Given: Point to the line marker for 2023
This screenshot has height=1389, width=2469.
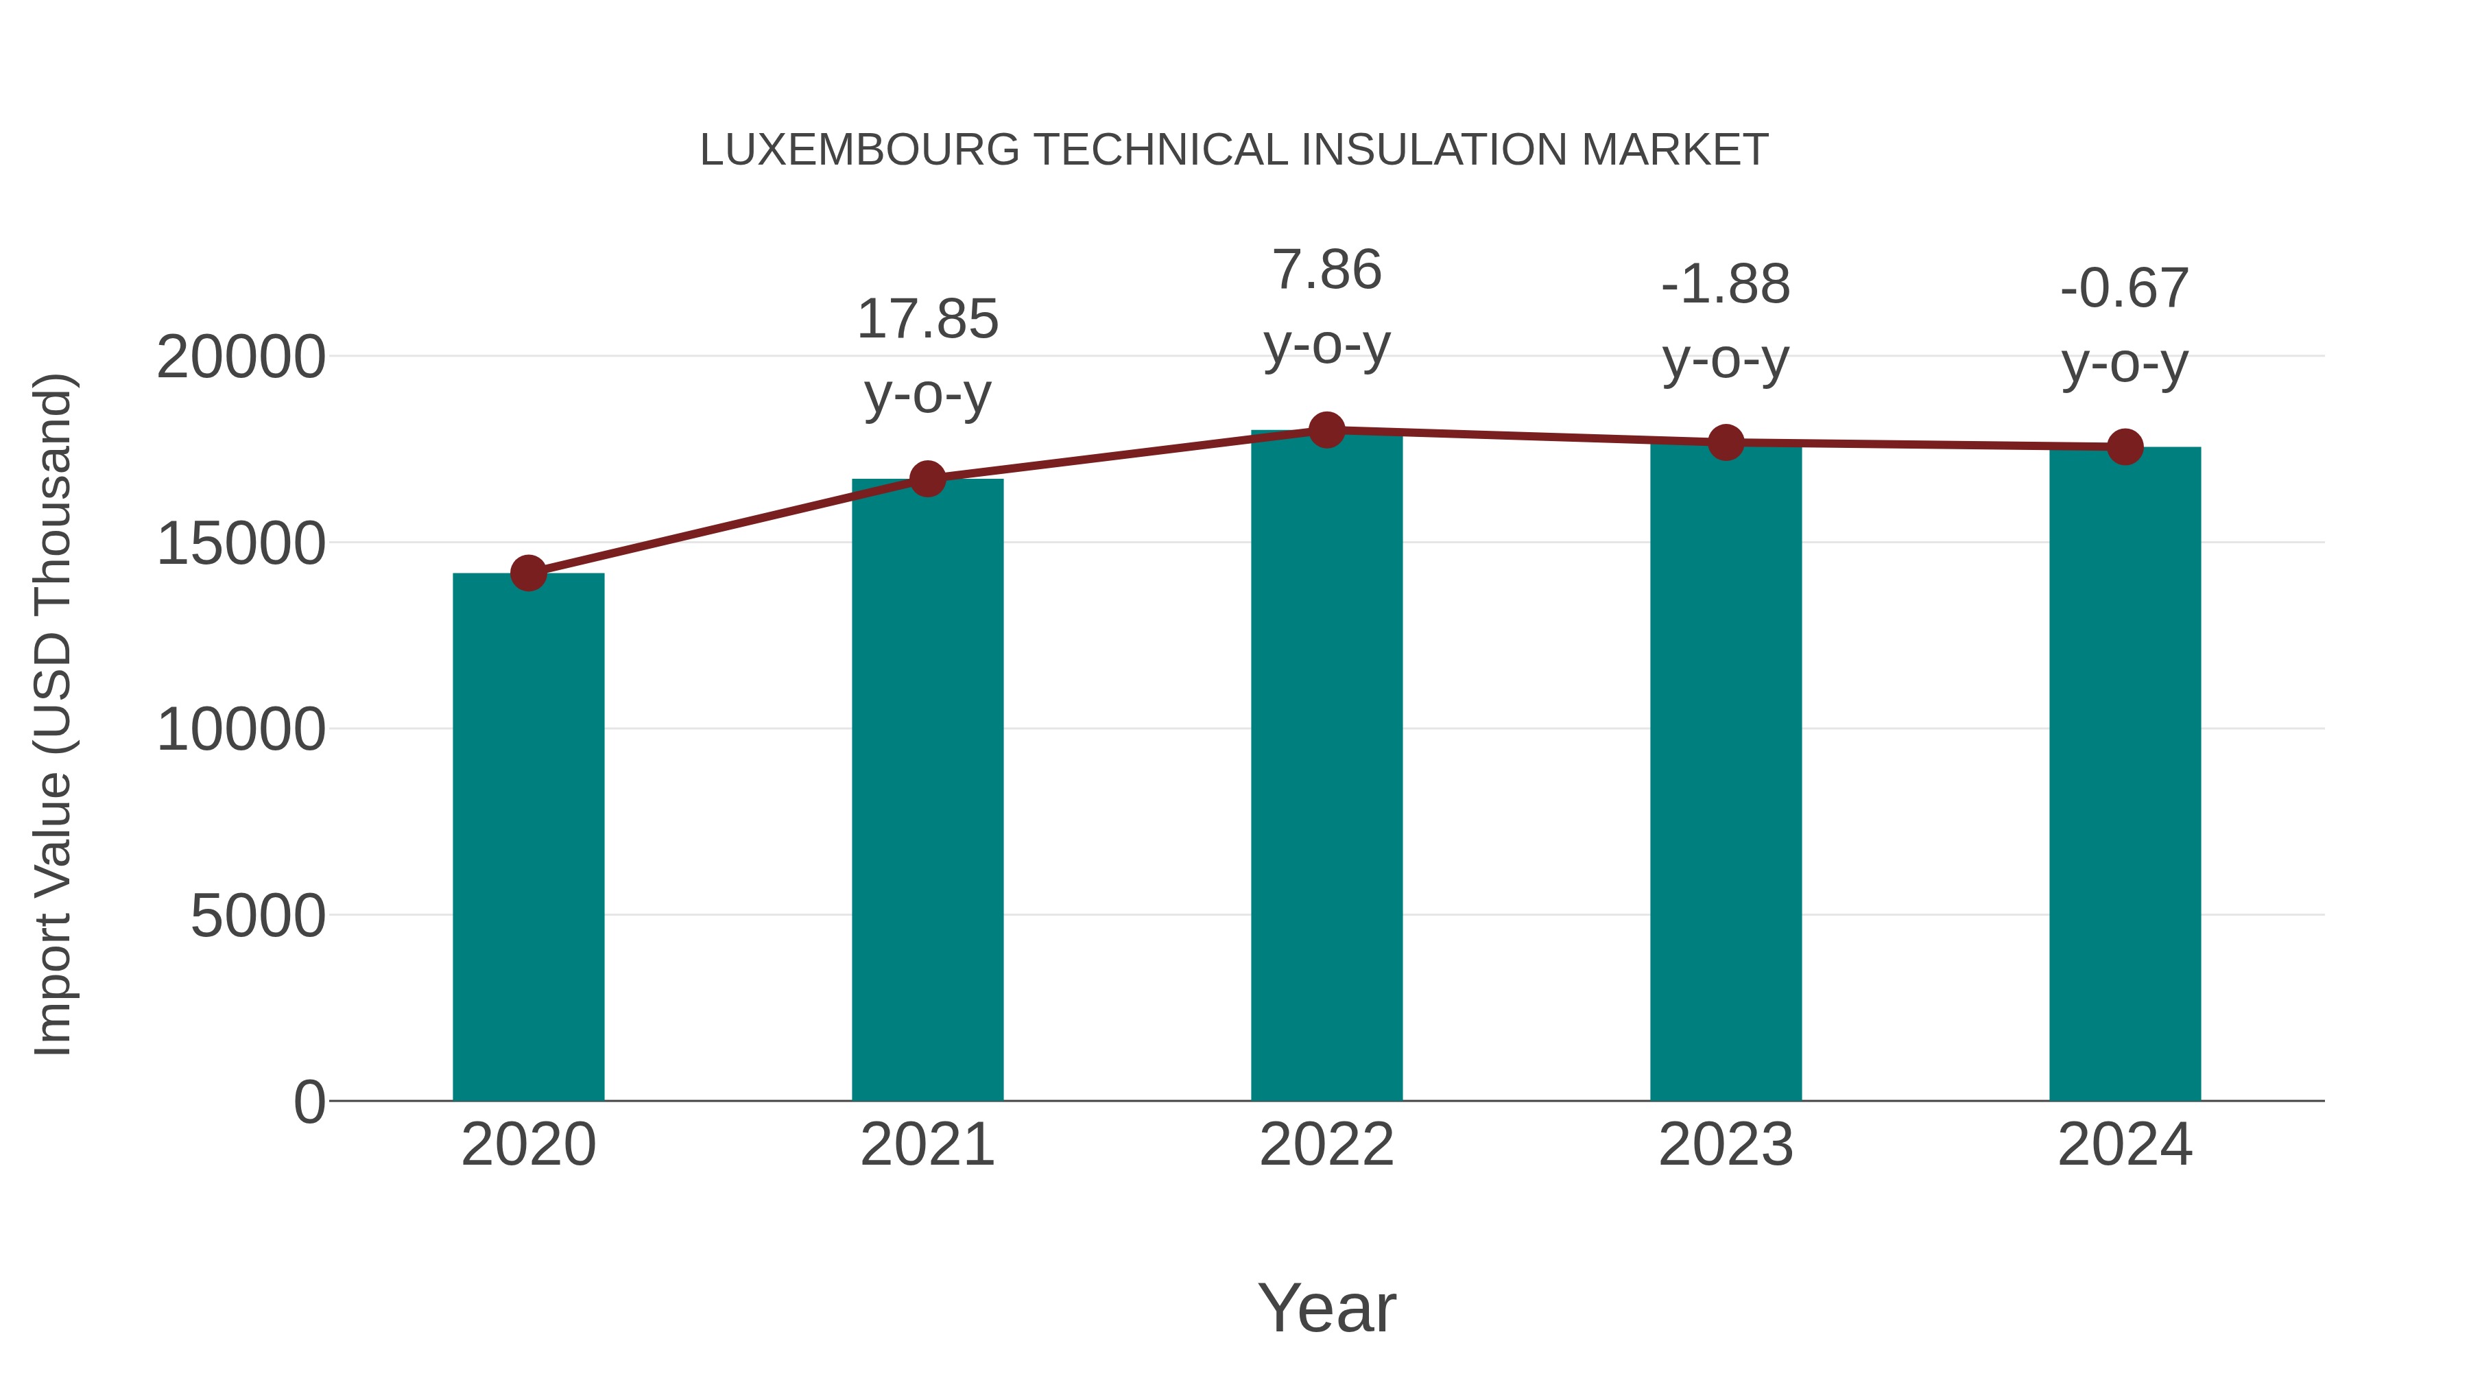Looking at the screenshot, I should [x=1726, y=443].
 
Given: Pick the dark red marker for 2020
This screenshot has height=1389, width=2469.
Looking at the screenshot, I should [x=528, y=573].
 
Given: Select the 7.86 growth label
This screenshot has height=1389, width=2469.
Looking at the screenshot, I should [x=1326, y=270].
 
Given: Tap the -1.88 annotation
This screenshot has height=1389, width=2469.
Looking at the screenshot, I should [x=1726, y=285].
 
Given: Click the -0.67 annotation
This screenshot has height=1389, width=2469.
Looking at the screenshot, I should [x=2125, y=289].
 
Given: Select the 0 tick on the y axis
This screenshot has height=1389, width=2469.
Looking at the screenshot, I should [x=309, y=1102].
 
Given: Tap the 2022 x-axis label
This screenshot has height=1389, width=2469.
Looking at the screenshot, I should [x=1326, y=1145].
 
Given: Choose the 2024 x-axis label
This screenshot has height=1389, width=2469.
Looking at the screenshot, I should [x=2125, y=1145].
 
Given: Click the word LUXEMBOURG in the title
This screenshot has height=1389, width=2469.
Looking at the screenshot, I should [x=860, y=150].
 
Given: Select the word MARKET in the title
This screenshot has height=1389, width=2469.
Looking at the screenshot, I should [x=1674, y=150].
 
